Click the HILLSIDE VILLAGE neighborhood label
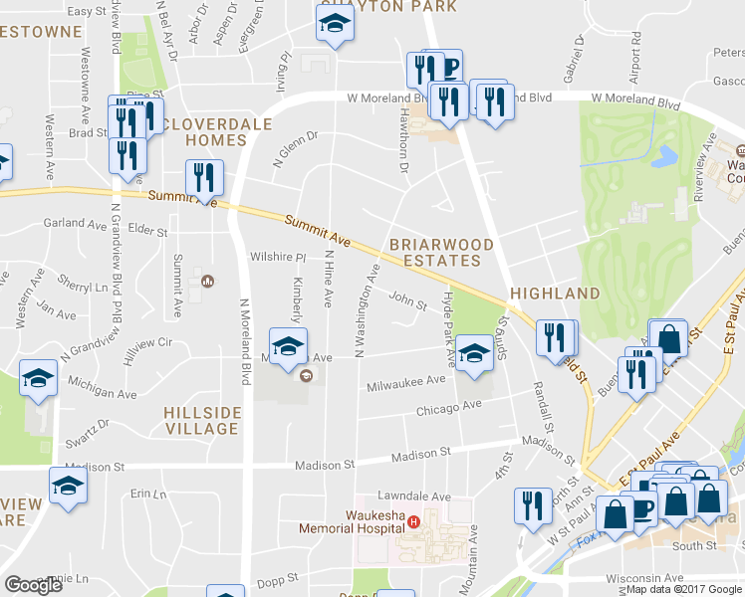[x=202, y=420]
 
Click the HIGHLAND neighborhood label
[x=555, y=294]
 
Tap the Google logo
[x=33, y=585]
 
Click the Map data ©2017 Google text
[x=684, y=589]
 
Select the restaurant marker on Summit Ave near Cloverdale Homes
[x=204, y=176]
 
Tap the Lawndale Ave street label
[x=414, y=497]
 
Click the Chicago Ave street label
[x=449, y=407]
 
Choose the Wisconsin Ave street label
[x=646, y=577]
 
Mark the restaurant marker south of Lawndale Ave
[x=533, y=504]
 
